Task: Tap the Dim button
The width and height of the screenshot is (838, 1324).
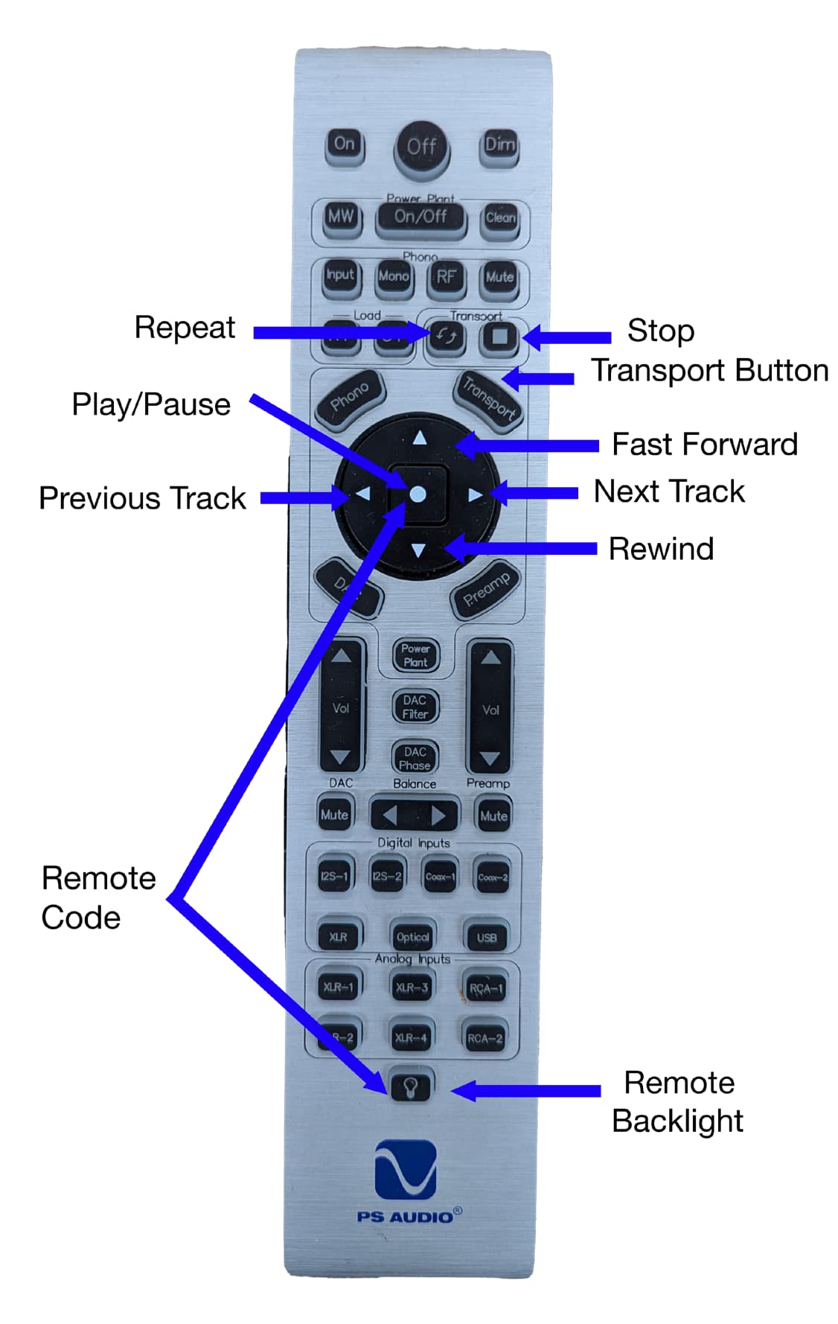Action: [x=499, y=144]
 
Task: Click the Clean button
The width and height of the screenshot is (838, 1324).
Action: [x=499, y=218]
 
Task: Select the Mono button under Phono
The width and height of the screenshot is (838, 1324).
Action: [x=393, y=276]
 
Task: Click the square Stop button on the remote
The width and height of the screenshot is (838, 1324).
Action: [x=499, y=337]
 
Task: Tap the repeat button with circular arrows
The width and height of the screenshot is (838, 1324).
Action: [x=446, y=337]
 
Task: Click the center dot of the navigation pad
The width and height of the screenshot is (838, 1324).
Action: [x=418, y=494]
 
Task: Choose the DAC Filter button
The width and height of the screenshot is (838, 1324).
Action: [x=415, y=707]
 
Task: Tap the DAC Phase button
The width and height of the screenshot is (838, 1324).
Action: [x=415, y=758]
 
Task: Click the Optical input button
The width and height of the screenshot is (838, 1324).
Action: [x=412, y=937]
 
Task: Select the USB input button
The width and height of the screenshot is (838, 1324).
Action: [x=486, y=937]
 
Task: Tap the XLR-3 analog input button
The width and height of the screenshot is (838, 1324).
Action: [x=412, y=988]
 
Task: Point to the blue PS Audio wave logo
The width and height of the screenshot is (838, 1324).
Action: [x=405, y=1169]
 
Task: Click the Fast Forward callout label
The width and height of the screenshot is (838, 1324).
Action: [x=704, y=445]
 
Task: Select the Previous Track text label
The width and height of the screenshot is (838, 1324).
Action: [x=142, y=498]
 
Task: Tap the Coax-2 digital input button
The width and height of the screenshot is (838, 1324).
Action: [x=493, y=877]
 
